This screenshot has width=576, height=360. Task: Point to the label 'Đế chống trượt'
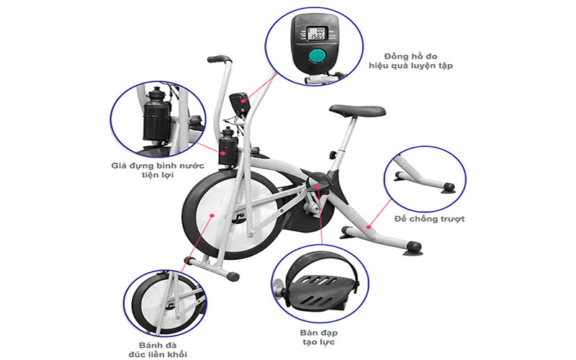click(x=429, y=217)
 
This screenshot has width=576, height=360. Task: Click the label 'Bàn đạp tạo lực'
click(x=317, y=338)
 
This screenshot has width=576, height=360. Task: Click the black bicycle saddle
click(x=357, y=111)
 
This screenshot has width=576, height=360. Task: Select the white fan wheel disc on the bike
click(x=216, y=216)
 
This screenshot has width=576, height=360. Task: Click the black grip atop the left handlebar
click(x=219, y=59)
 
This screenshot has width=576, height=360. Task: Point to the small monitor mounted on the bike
click(x=240, y=102)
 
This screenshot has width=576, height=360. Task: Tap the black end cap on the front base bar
click(x=233, y=276)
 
